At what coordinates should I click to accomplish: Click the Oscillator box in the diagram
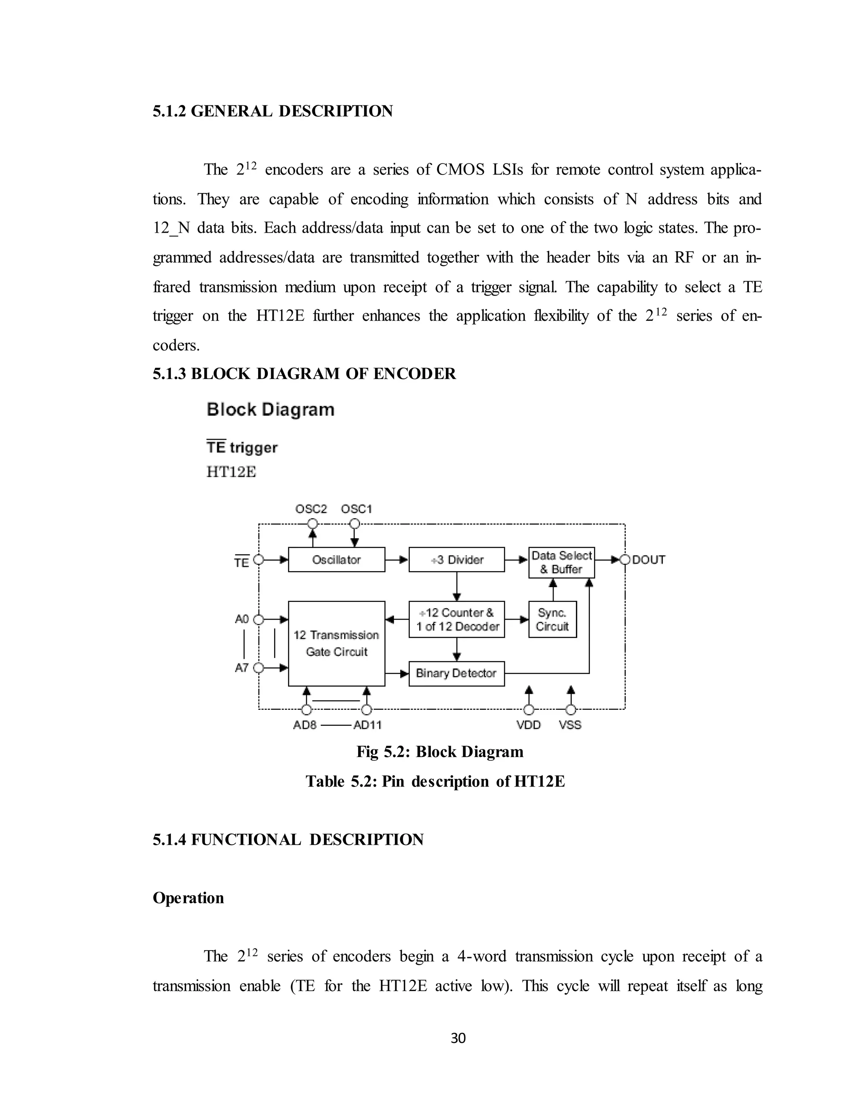tap(336, 559)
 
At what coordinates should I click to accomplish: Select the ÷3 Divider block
tap(456, 559)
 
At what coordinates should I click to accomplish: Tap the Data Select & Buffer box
tap(562, 562)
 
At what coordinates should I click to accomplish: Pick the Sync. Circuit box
tap(552, 619)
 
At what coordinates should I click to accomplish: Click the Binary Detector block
tap(456, 673)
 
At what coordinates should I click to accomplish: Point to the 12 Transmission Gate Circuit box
tap(336, 643)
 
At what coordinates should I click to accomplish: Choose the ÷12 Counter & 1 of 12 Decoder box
tap(456, 619)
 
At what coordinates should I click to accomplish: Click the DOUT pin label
tap(648, 559)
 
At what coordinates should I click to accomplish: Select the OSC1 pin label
tap(356, 509)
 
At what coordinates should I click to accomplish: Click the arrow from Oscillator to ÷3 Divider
tap(397, 559)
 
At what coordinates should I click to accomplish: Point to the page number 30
tap(458, 1038)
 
